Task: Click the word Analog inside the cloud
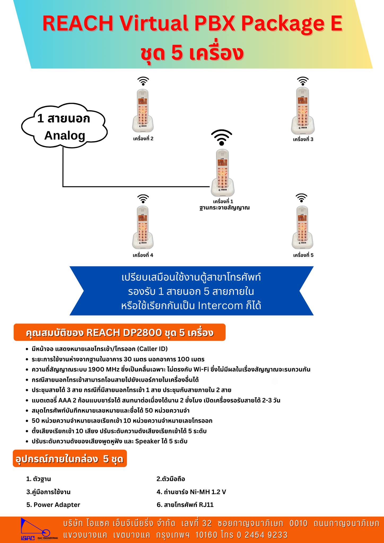click(65, 135)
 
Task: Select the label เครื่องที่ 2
click(143, 139)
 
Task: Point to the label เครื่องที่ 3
click(303, 139)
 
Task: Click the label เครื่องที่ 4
click(143, 255)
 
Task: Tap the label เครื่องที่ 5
click(303, 255)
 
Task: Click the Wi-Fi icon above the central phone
click(222, 137)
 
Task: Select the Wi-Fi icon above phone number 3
click(303, 81)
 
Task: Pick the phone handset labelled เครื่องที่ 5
click(302, 227)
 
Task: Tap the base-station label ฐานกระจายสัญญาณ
click(224, 208)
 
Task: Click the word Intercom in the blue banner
click(220, 306)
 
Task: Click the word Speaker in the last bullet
click(147, 441)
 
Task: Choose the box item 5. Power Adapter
click(53, 505)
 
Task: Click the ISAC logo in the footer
click(39, 529)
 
